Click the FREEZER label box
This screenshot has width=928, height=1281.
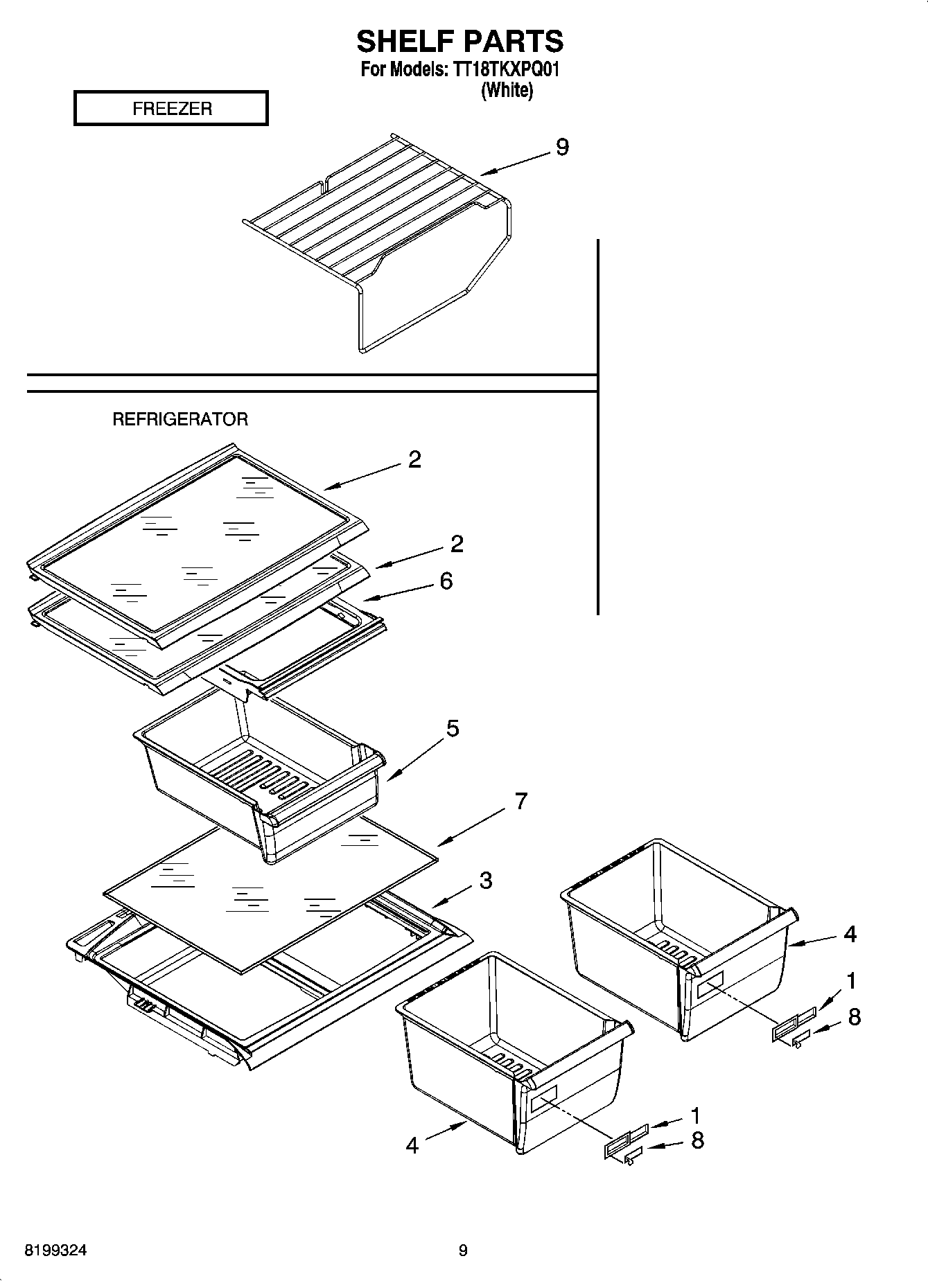click(x=170, y=109)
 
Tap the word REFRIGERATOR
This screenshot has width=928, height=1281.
click(x=180, y=419)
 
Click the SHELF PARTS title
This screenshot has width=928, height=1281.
click(x=460, y=42)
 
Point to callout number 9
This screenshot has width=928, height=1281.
click(x=562, y=147)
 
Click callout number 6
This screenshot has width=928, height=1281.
click(x=446, y=581)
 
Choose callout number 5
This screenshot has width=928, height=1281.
click(x=452, y=728)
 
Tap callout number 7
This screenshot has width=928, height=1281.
click(x=520, y=801)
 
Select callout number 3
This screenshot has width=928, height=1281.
click(x=485, y=881)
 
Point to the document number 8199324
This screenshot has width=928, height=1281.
click(x=56, y=1251)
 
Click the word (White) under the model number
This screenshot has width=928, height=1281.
click(x=507, y=90)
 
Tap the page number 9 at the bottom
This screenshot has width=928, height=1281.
click(x=463, y=1251)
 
